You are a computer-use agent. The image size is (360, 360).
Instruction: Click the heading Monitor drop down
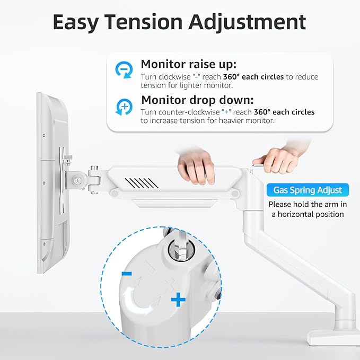198,100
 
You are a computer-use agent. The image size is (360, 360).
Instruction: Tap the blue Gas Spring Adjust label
308,190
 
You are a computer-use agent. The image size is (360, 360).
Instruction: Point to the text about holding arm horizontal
307,209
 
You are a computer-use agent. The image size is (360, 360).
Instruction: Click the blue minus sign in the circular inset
127,274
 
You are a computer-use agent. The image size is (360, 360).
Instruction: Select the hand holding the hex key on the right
276,157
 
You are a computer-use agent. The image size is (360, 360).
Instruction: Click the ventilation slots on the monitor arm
140,183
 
